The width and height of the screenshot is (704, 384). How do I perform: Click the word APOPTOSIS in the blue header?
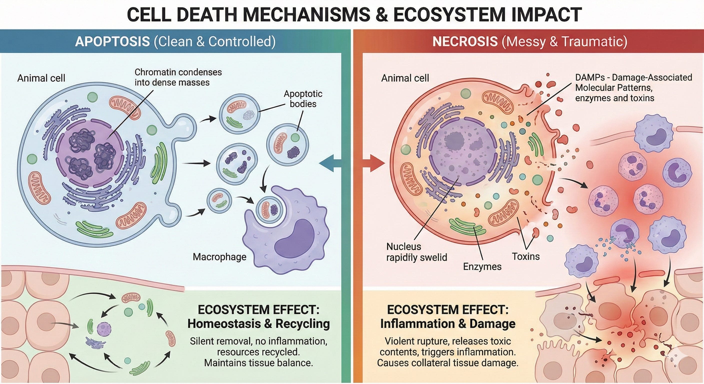click(x=112, y=41)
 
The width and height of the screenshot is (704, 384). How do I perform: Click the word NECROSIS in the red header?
click(x=465, y=41)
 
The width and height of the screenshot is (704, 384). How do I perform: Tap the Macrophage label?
click(x=219, y=257)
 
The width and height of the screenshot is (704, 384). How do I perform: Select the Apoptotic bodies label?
click(x=303, y=99)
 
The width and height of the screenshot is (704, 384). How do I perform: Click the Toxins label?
click(x=525, y=256)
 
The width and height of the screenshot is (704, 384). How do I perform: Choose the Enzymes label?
click(x=482, y=266)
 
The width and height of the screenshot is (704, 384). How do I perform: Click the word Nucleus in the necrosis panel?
click(x=404, y=246)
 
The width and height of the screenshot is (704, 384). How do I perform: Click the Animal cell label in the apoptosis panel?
click(x=41, y=78)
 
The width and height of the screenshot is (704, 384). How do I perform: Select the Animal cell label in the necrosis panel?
click(x=405, y=78)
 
